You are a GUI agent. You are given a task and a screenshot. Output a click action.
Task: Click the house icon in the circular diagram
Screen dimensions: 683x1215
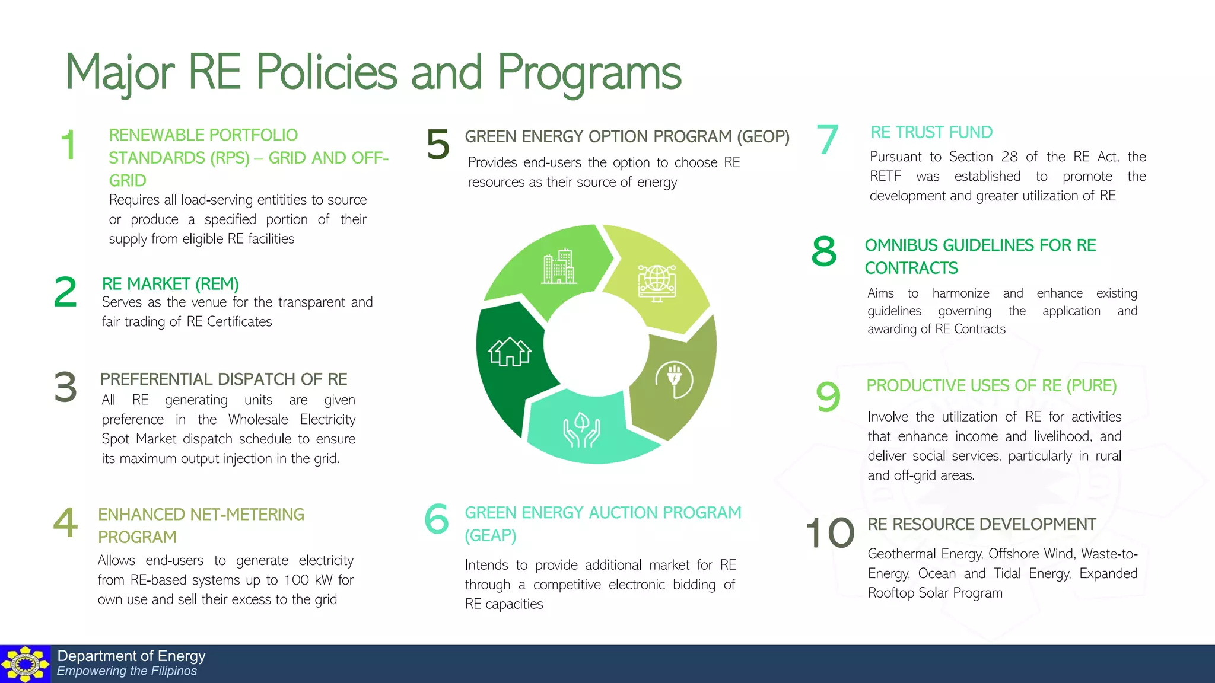click(x=510, y=352)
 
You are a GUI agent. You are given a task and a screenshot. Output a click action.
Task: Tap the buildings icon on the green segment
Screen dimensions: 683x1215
click(x=559, y=267)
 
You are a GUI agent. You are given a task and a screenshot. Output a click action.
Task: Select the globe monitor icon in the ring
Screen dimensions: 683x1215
click(x=657, y=283)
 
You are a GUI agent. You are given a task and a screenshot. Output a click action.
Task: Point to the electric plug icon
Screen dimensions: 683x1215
click(x=674, y=379)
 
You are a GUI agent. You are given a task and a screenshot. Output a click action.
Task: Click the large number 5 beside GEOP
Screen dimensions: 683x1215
click(x=438, y=144)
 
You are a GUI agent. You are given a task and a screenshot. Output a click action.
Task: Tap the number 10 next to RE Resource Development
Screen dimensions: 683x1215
click(x=830, y=532)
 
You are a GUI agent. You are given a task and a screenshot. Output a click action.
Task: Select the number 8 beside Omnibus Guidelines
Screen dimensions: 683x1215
click(x=824, y=251)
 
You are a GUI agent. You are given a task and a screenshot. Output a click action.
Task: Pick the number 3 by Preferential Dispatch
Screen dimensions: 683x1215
click(x=65, y=387)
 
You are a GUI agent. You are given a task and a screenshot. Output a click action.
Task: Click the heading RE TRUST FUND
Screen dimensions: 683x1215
click(x=931, y=132)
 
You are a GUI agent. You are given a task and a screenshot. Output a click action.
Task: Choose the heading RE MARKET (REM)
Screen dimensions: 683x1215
click(x=170, y=284)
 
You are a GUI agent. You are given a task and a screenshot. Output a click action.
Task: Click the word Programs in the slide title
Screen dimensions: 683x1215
click(x=589, y=73)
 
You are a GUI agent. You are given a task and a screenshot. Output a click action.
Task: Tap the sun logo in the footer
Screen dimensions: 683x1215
click(x=25, y=664)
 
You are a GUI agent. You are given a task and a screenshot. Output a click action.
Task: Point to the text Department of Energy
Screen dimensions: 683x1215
click(x=131, y=656)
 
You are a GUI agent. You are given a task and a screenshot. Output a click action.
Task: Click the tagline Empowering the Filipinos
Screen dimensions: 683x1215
click(x=126, y=671)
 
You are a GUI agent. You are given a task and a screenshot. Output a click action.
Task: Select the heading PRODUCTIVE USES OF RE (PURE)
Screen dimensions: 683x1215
click(x=991, y=385)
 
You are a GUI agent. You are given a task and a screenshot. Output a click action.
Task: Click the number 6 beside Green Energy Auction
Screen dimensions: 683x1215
click(x=437, y=518)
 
